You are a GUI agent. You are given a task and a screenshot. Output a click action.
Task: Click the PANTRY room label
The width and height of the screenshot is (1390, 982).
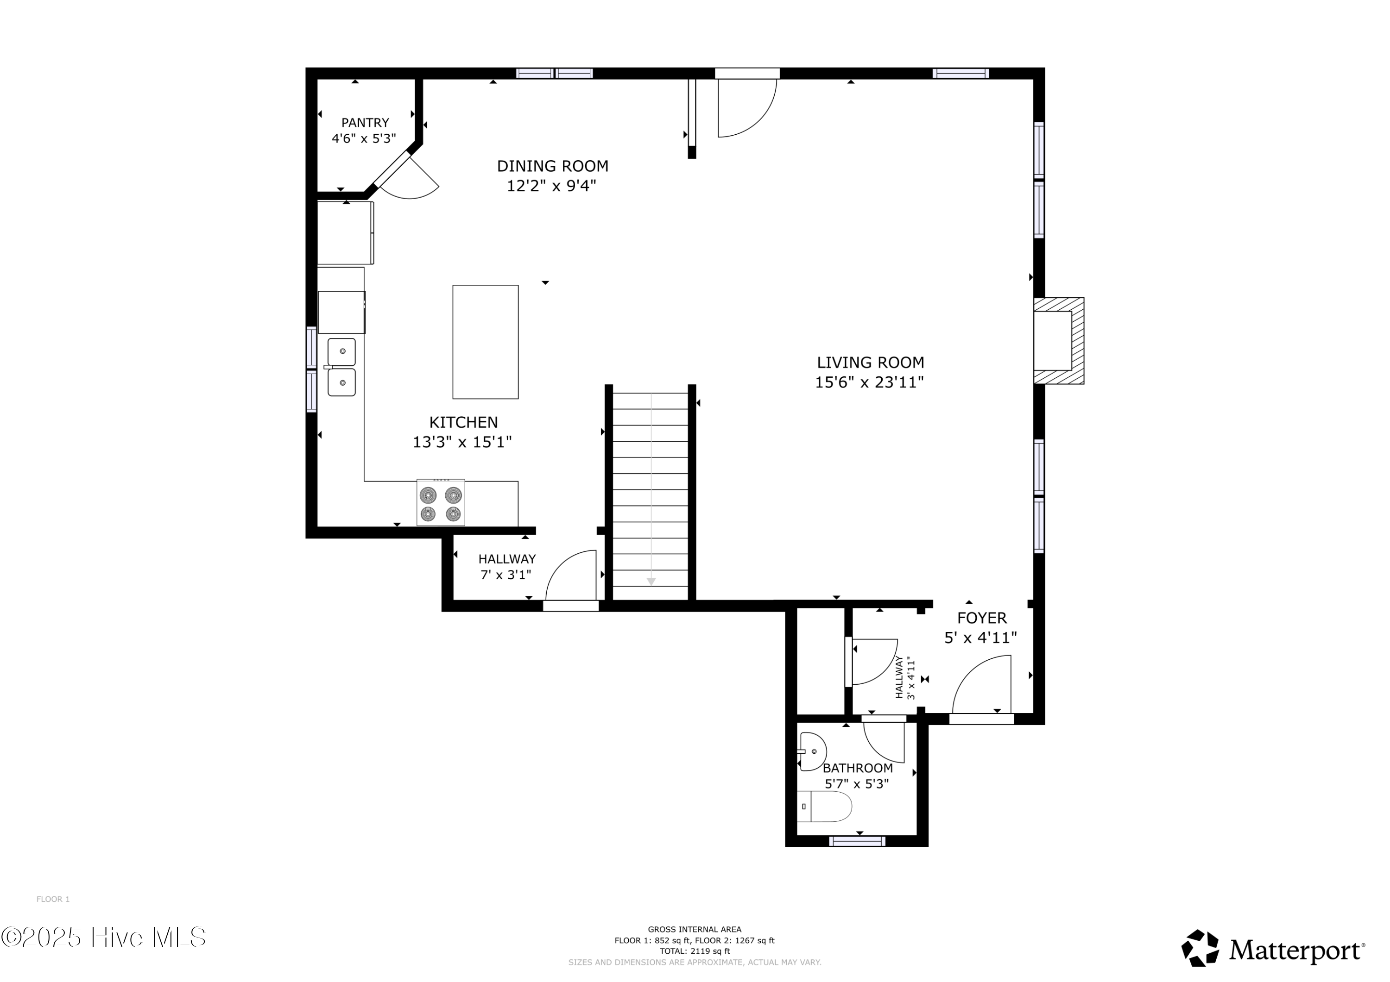365,123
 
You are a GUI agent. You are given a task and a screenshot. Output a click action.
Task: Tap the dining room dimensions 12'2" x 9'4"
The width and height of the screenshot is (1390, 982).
551,186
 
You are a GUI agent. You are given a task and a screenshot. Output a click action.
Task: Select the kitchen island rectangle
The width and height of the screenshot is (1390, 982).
485,342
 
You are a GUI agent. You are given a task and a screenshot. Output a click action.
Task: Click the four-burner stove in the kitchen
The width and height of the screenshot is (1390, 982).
440,503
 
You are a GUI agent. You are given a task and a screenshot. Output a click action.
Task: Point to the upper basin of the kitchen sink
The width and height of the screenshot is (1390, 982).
341,351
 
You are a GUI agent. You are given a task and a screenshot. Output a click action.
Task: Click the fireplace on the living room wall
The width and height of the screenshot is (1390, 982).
1058,341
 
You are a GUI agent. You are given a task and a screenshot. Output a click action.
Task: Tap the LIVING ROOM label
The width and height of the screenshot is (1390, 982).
870,363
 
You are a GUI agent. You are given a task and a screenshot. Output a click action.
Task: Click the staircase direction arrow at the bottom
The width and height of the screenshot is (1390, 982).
651,582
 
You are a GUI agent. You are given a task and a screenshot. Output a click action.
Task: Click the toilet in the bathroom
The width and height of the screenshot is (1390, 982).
825,807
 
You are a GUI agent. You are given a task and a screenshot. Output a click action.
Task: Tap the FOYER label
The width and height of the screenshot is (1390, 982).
981,618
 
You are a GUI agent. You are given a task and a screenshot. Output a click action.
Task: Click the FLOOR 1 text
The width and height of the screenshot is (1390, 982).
53,899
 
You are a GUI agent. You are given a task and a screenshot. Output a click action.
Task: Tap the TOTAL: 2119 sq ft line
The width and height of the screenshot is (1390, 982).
695,951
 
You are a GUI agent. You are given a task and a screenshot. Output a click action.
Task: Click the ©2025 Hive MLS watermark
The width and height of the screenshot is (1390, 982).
103,938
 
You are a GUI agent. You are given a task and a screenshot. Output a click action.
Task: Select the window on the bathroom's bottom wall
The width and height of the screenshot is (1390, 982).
857,841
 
